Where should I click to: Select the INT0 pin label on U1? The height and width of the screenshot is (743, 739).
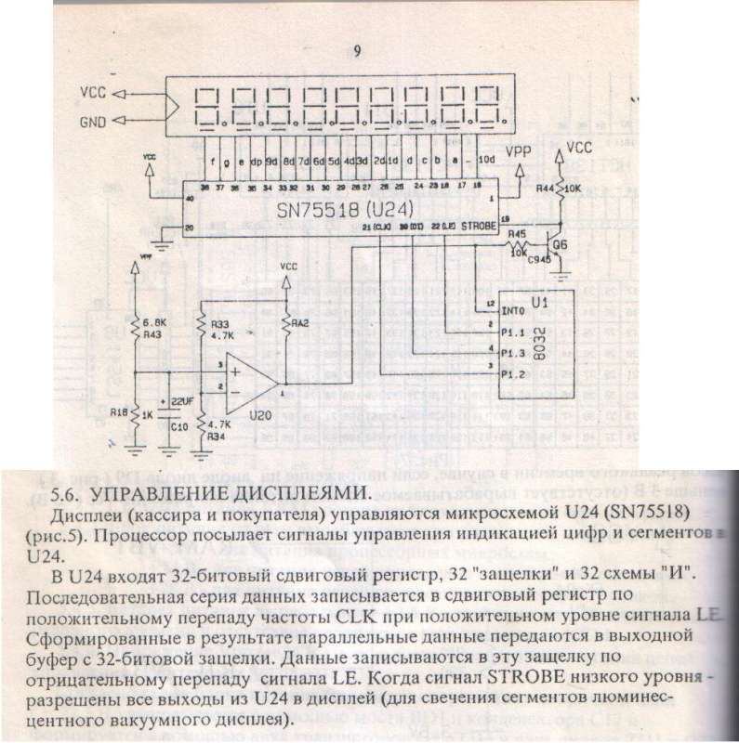tap(513, 309)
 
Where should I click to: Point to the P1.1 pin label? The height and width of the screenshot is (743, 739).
tap(513, 331)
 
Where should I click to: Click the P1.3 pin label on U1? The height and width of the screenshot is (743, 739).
tap(513, 354)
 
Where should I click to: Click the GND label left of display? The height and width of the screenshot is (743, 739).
tap(94, 120)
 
